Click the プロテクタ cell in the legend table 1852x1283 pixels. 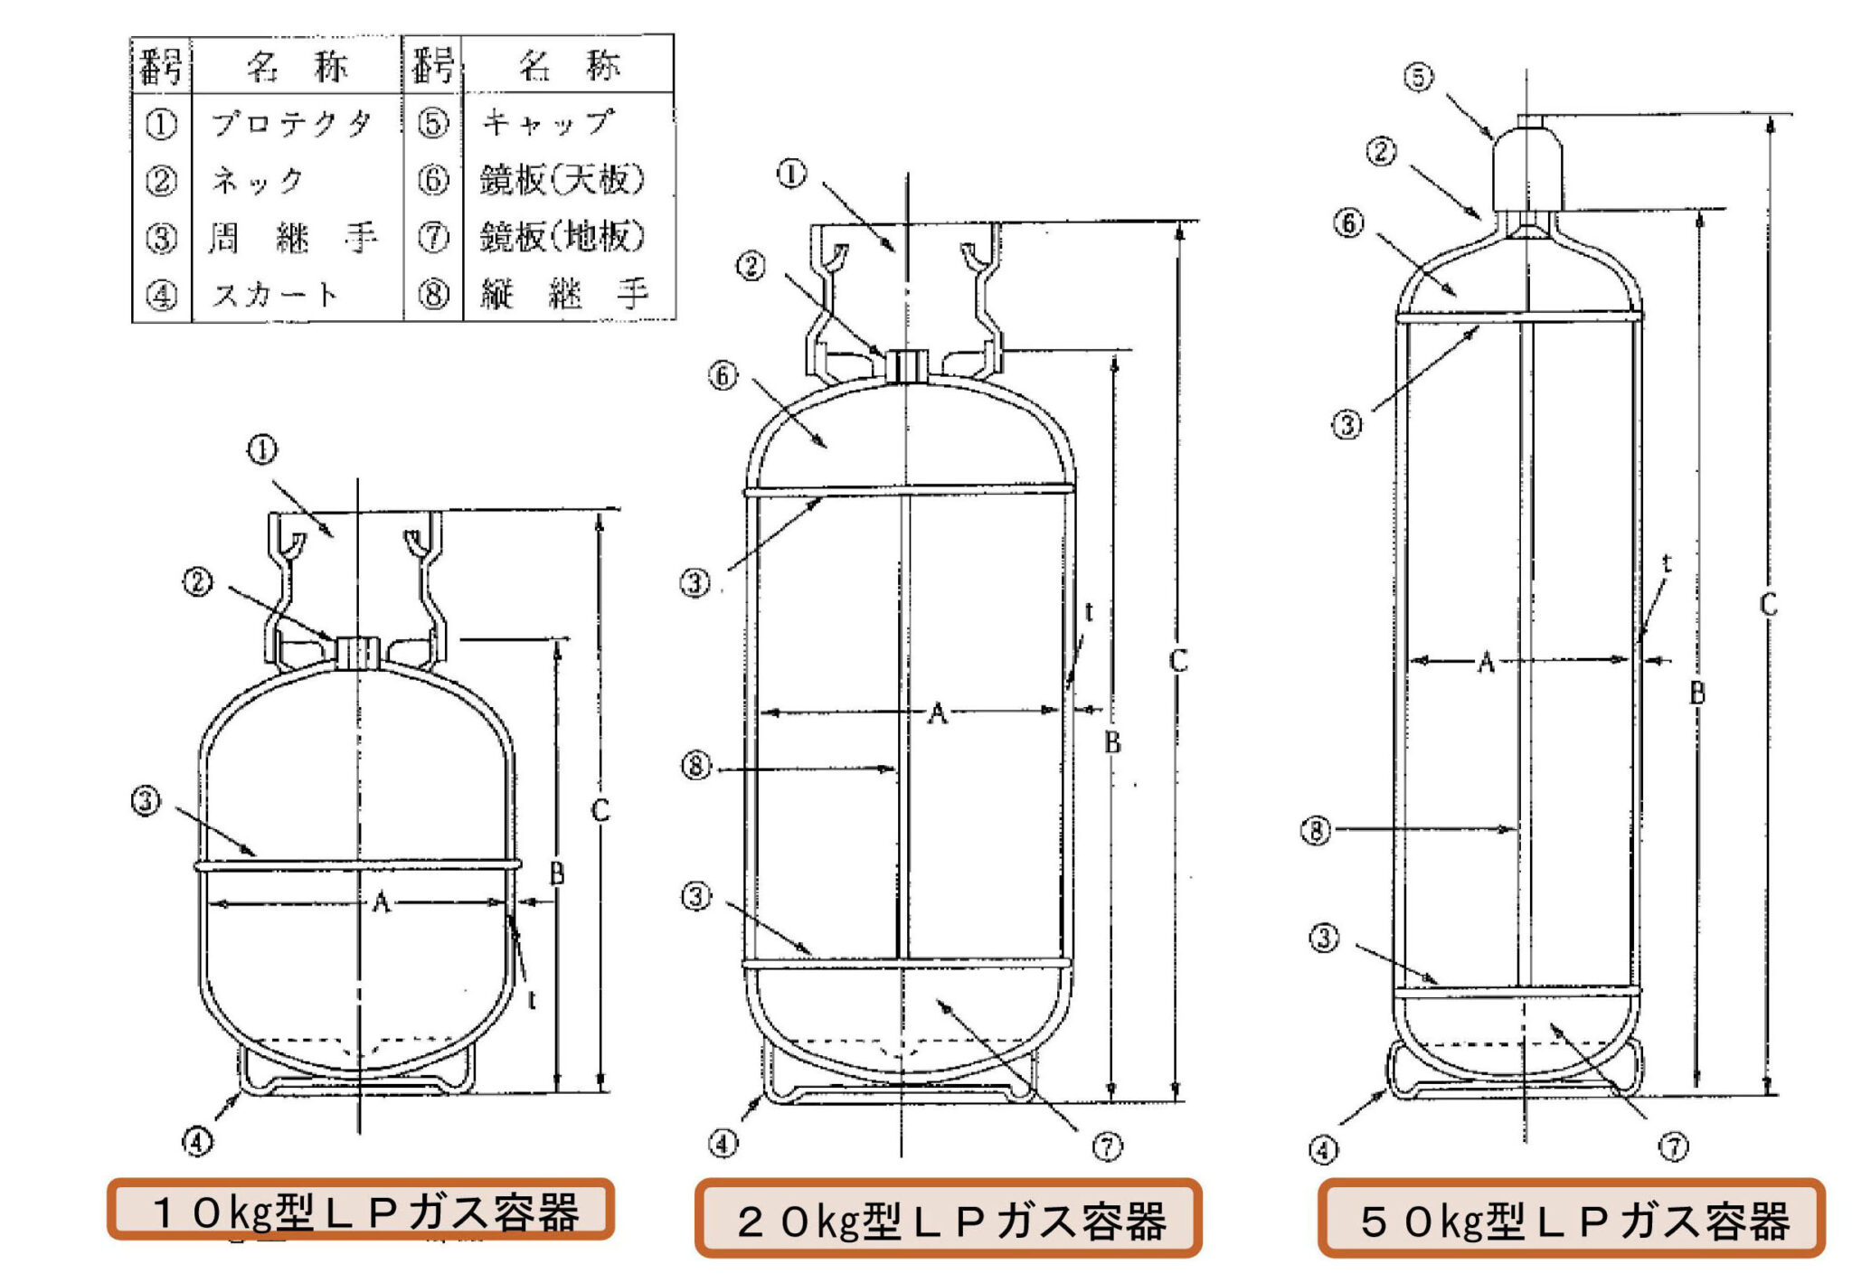click(x=291, y=123)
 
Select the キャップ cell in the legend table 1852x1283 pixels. click(x=548, y=122)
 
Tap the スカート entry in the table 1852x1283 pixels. click(x=275, y=294)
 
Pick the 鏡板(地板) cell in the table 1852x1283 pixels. click(x=562, y=237)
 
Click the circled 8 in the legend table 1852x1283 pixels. click(x=433, y=294)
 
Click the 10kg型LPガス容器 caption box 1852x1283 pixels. click(x=361, y=1210)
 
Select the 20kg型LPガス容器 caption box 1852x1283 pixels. click(x=948, y=1219)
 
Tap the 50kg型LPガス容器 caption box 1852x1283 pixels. click(x=1571, y=1219)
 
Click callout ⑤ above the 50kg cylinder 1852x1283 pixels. click(x=1418, y=77)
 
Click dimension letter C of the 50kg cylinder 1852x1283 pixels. click(x=1768, y=604)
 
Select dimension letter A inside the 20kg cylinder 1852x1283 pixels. click(x=938, y=713)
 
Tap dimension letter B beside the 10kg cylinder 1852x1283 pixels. click(x=557, y=873)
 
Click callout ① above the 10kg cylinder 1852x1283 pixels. click(x=262, y=449)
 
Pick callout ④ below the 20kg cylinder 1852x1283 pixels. click(x=722, y=1144)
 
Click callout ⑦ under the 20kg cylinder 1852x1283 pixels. click(x=1107, y=1146)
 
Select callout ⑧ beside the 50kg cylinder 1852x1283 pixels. click(x=1316, y=829)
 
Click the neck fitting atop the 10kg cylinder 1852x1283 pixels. click(x=358, y=652)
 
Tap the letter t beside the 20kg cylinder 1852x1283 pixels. click(x=1088, y=612)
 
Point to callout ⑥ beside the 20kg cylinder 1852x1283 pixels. click(x=723, y=375)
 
